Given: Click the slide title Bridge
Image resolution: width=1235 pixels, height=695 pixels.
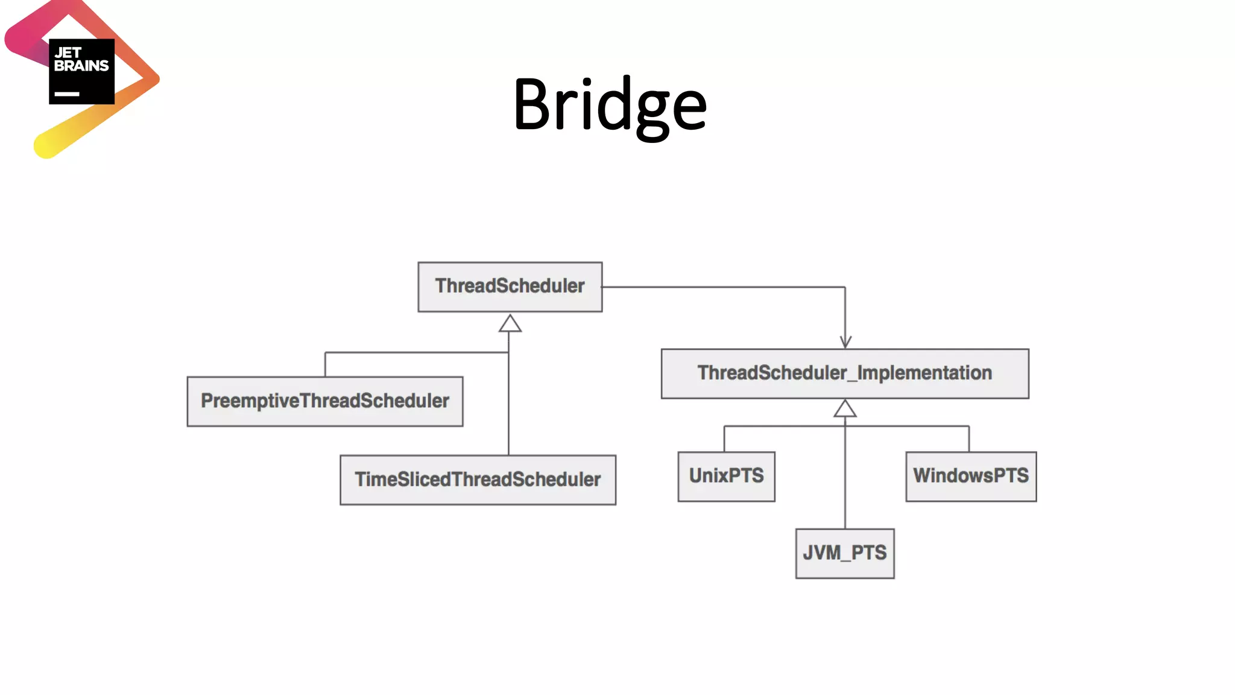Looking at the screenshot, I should tap(610, 106).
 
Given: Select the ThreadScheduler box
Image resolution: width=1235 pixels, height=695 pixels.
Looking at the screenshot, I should tap(510, 287).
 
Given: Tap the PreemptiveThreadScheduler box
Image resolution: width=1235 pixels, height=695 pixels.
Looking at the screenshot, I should tap(325, 401).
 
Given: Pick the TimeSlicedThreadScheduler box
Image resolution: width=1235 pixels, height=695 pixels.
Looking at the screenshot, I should tap(478, 480).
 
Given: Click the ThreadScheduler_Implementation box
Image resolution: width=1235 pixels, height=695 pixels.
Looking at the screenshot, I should tap(845, 373).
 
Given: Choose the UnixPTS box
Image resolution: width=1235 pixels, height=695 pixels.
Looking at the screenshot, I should tap(726, 476).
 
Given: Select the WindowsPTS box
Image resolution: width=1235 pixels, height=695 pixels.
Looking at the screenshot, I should tap(971, 476).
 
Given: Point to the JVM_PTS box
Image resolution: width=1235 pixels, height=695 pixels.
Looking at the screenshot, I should tap(845, 553).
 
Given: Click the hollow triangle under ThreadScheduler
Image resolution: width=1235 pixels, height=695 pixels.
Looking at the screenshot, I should tap(510, 324).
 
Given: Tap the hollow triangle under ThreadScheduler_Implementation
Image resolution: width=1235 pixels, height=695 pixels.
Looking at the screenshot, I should tap(845, 410).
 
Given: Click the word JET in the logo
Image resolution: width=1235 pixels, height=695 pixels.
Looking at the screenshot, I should tap(68, 53).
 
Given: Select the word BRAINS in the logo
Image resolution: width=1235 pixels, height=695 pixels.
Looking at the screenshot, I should tap(81, 66).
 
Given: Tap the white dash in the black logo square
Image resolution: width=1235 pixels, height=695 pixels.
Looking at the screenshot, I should tap(67, 94).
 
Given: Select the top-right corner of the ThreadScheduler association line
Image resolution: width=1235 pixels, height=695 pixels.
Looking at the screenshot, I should tap(845, 287).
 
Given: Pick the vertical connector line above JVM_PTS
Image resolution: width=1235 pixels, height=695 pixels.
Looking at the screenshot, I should tap(845, 483).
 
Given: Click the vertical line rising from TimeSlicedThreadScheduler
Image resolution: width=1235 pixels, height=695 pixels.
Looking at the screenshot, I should tap(508, 410).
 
